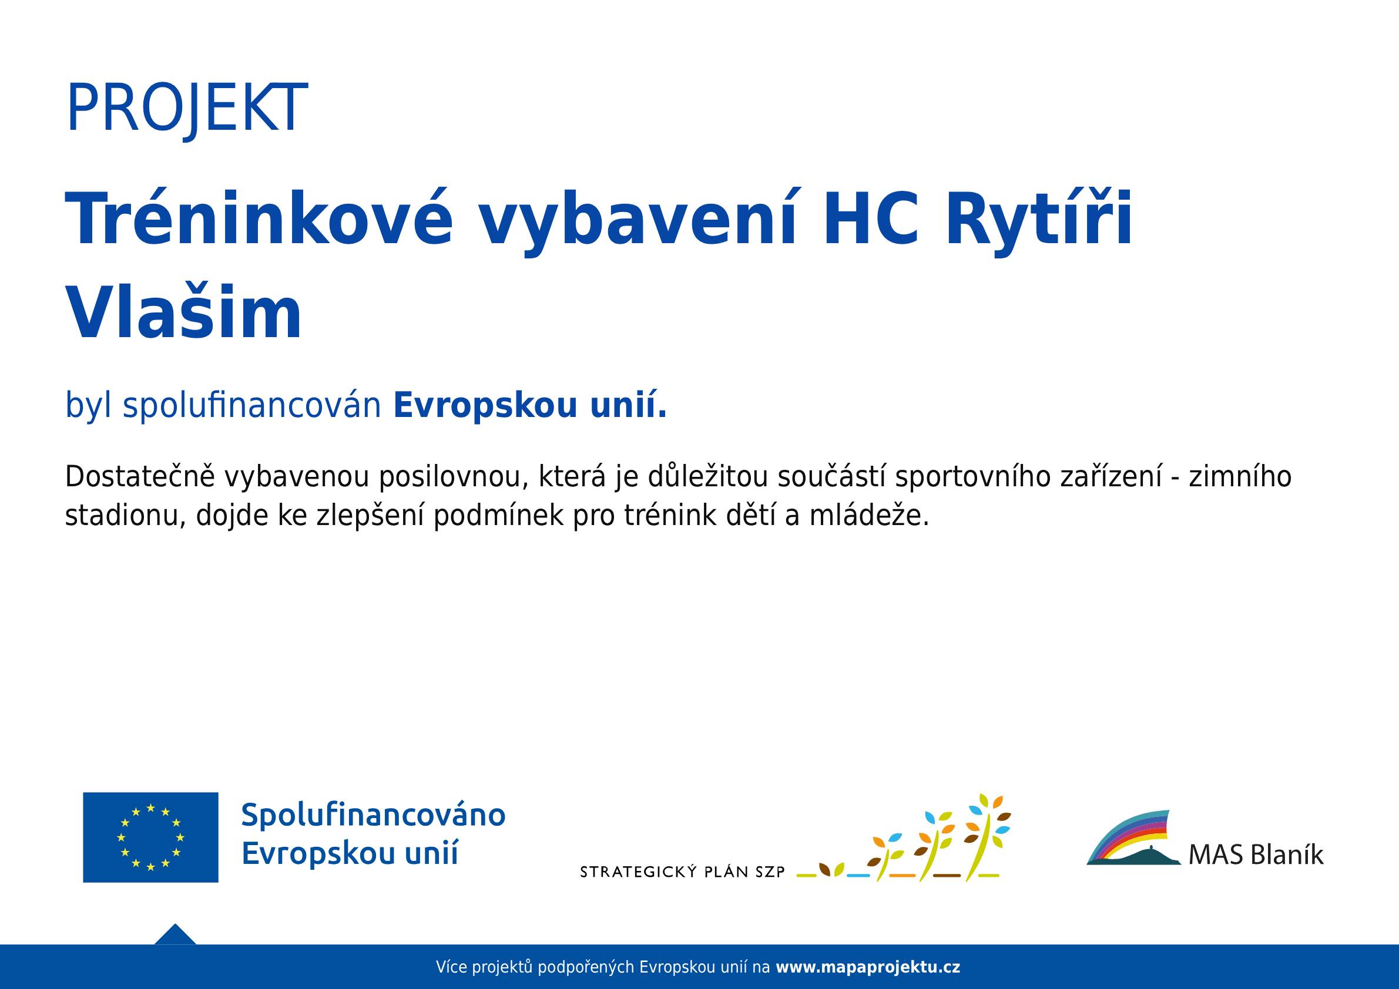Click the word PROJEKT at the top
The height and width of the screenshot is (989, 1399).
(186, 109)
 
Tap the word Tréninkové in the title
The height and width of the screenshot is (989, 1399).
(260, 218)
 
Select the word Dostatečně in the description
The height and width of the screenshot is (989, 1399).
(140, 476)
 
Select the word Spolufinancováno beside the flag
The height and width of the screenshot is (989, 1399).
(374, 815)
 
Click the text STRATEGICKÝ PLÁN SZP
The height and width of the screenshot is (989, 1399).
(682, 872)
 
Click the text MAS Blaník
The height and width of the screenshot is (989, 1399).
(1256, 855)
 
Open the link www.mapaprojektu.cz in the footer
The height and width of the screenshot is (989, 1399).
(868, 967)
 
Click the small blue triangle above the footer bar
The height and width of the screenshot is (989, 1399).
(175, 934)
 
